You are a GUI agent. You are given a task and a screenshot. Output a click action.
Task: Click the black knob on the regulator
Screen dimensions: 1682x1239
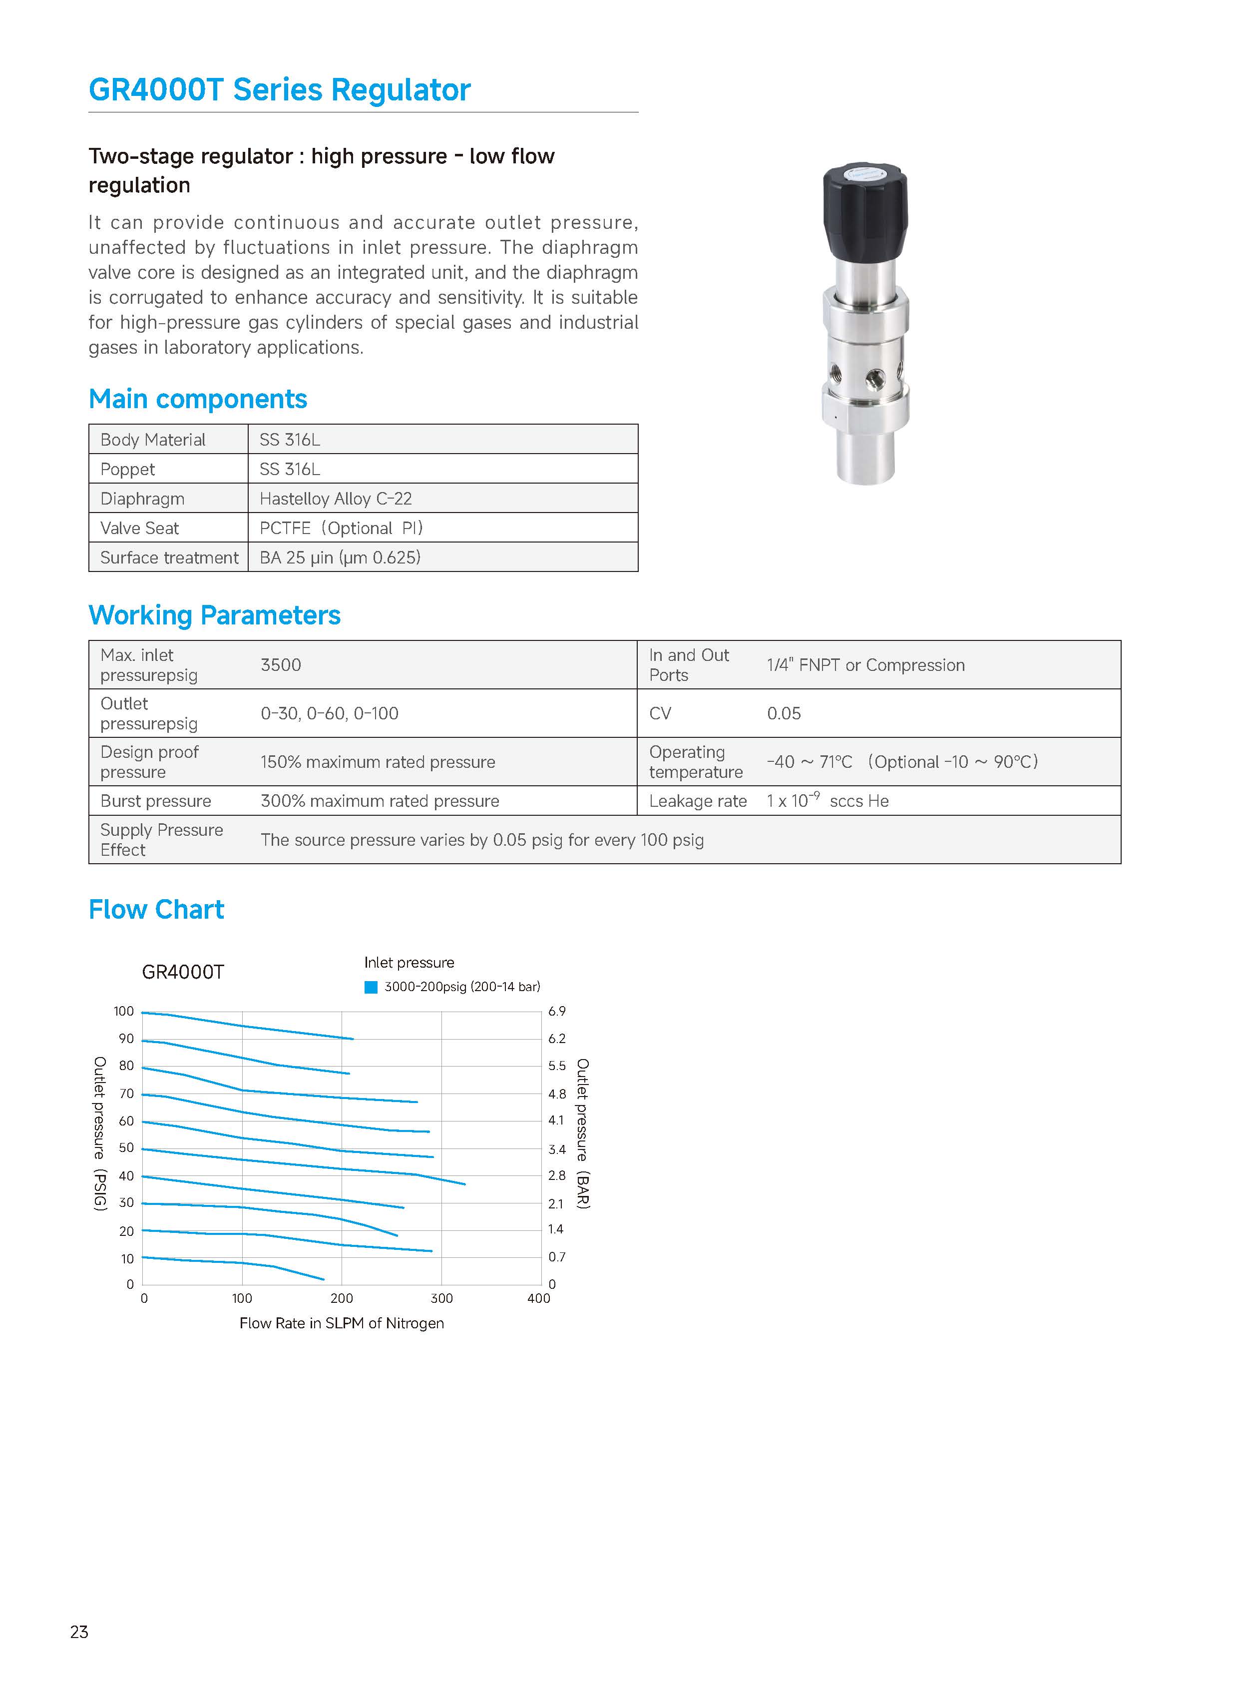(x=865, y=212)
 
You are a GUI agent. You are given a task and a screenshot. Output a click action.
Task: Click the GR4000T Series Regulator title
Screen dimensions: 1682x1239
(x=279, y=90)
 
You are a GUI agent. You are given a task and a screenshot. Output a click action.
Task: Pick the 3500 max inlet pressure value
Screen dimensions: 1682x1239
(x=281, y=665)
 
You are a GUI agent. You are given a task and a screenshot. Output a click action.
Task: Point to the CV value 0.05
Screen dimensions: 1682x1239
(x=784, y=713)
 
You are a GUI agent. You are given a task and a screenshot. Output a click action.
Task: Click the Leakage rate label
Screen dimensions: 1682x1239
(x=698, y=801)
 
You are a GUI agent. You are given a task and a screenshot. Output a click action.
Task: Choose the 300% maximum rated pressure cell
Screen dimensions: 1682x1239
(x=380, y=801)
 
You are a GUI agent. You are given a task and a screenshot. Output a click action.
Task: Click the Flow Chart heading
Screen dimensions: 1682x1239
(x=156, y=909)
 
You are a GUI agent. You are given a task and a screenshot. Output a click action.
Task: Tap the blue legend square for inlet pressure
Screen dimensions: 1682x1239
(x=371, y=987)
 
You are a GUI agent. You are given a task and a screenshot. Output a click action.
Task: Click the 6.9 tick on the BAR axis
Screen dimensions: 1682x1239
(x=556, y=1011)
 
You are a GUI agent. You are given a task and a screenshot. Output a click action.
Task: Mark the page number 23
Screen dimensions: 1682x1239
(x=79, y=1632)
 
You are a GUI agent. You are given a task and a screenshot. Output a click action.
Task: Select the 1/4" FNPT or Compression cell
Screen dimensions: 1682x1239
(x=865, y=665)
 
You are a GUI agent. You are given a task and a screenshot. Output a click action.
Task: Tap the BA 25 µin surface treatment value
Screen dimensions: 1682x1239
(x=340, y=558)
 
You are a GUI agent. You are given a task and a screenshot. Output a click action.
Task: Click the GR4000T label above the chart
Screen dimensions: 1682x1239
(x=183, y=972)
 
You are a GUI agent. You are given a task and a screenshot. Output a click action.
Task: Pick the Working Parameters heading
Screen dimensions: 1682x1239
(x=215, y=615)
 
